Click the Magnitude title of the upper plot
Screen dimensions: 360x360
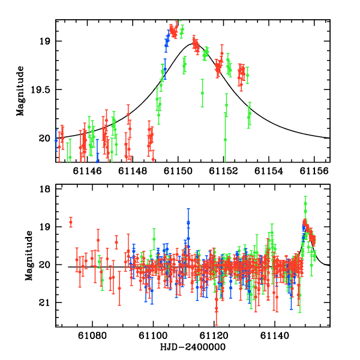(x=20, y=91)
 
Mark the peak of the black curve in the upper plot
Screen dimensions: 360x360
(x=194, y=43)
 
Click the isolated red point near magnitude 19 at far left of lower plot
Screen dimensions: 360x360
(x=71, y=223)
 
